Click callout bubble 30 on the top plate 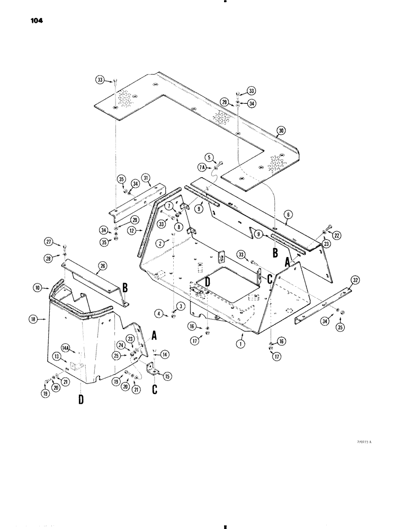(x=281, y=130)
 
